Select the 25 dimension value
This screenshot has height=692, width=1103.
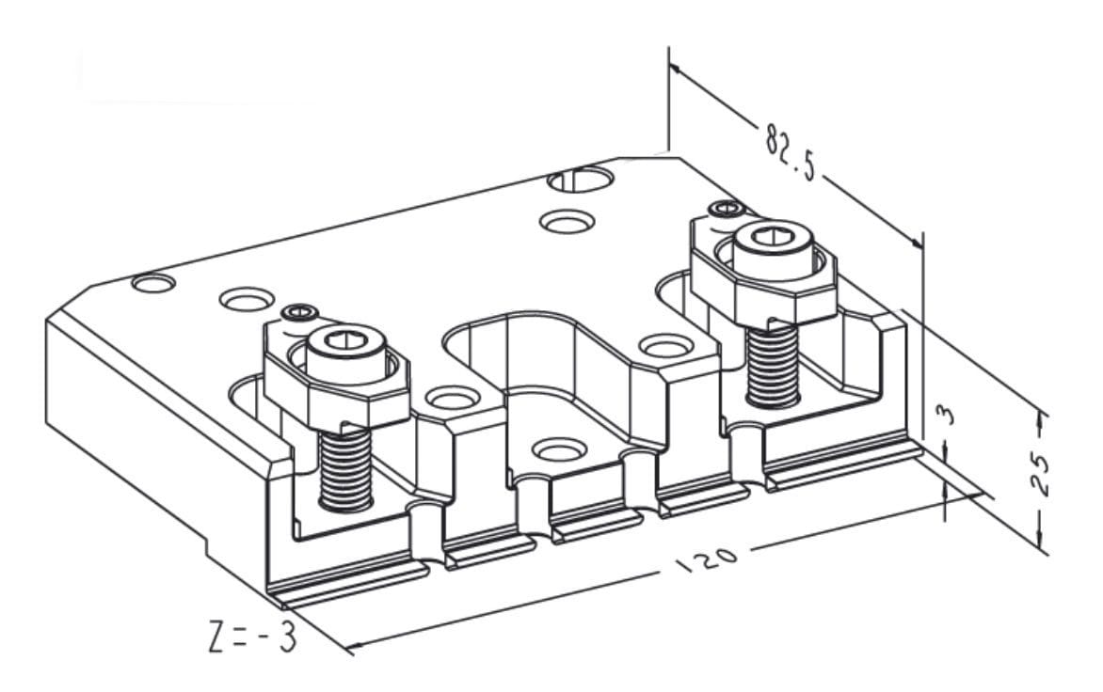pos(1040,474)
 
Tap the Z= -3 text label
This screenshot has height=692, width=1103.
pos(251,637)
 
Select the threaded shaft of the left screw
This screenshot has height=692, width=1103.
pos(344,467)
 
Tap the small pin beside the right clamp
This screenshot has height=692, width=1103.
pos(724,207)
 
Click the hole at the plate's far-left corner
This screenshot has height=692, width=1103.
pos(153,281)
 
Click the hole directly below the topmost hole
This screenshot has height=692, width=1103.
pos(567,221)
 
